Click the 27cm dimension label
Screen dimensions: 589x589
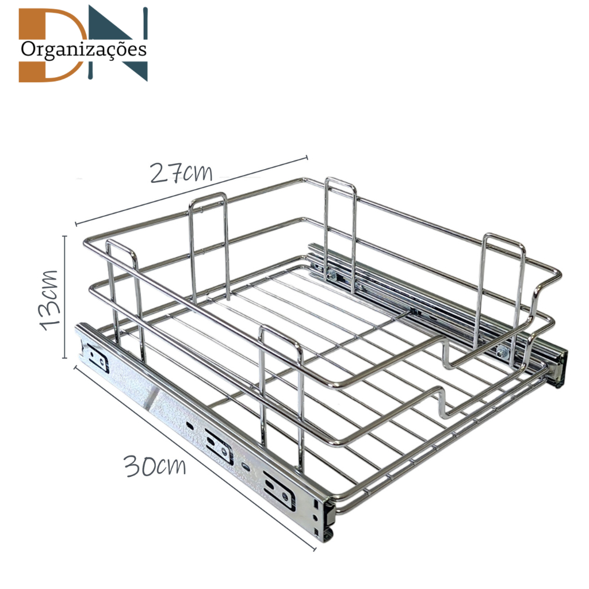[181, 173]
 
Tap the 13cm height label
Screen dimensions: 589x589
[50, 300]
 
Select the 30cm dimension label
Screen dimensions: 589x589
[155, 466]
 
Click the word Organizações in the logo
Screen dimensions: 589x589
[83, 49]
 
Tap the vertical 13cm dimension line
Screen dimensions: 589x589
[65, 297]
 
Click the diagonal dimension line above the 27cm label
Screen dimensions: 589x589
[192, 190]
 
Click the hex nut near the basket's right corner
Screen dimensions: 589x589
[502, 353]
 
